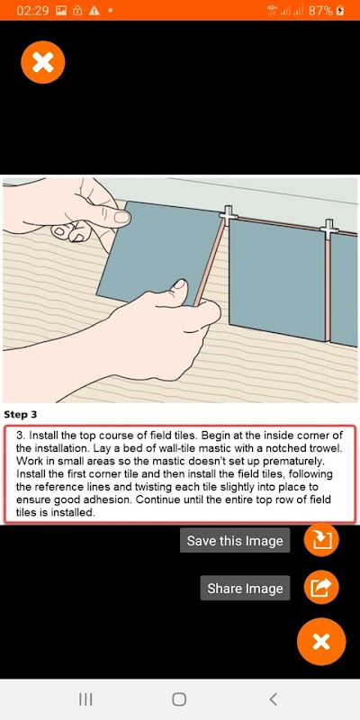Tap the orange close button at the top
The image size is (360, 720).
[42, 62]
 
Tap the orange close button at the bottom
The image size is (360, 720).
[321, 642]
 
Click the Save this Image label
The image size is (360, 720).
[235, 541]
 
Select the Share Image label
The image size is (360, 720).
[245, 589]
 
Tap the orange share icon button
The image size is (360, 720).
[321, 588]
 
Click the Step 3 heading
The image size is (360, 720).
[20, 415]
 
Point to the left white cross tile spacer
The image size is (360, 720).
[229, 213]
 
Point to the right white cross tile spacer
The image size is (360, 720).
[329, 228]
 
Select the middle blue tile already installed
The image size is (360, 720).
[276, 279]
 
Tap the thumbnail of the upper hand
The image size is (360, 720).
[122, 217]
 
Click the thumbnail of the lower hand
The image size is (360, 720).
[179, 284]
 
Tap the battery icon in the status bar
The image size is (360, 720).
[340, 11]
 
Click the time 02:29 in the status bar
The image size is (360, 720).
[32, 11]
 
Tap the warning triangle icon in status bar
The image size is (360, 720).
[94, 11]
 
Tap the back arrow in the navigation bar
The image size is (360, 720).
[273, 699]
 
